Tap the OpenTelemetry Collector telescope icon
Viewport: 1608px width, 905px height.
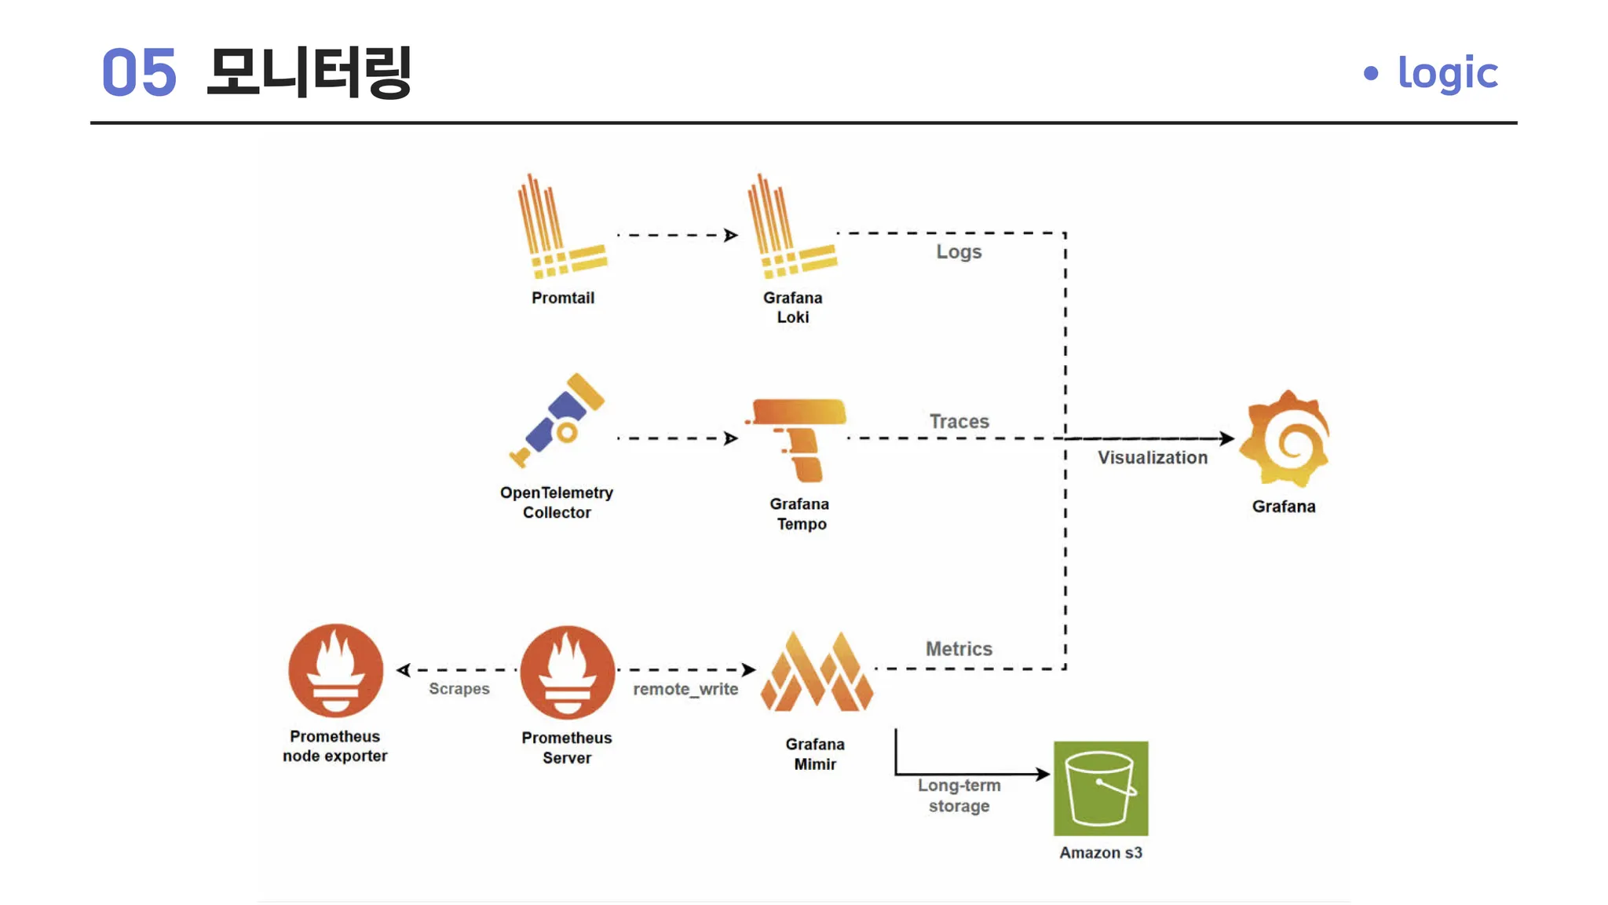point(557,420)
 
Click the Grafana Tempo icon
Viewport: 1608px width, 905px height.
point(796,440)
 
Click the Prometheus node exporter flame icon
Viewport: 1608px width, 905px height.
point(335,670)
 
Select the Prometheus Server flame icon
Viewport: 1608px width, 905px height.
point(567,672)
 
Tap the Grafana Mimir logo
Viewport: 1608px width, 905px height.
point(817,672)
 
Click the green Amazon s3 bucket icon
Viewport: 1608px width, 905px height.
point(1101,788)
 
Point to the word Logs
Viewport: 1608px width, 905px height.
point(959,252)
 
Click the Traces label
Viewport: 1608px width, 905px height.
point(959,421)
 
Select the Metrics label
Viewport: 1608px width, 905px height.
point(959,649)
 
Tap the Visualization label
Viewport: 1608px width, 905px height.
point(1153,457)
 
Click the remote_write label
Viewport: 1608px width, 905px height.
point(685,689)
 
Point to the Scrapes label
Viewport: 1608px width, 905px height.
point(459,689)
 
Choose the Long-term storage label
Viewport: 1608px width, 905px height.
point(959,795)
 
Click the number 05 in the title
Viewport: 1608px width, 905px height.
point(139,72)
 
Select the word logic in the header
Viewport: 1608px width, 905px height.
point(1448,73)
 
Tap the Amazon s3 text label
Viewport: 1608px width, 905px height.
point(1101,852)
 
